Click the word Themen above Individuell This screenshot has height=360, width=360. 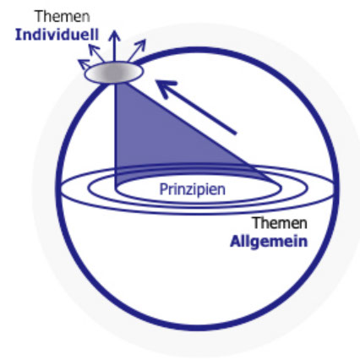(63, 16)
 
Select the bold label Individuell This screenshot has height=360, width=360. (57, 35)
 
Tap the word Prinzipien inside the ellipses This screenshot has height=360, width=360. (193, 189)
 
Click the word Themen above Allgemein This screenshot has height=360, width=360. (280, 223)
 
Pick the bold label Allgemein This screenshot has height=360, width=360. (269, 242)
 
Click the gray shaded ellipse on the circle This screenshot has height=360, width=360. (114, 73)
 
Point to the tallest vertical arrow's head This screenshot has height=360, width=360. (114, 35)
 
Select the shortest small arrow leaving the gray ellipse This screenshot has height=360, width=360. (84, 64)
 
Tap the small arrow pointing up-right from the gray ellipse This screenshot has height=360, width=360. (137, 50)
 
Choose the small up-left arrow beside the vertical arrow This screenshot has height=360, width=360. (96, 53)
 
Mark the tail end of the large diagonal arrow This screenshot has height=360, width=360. (236, 134)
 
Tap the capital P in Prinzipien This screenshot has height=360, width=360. (163, 189)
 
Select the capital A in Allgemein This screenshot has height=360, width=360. (236, 242)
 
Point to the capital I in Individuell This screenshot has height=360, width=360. (18, 35)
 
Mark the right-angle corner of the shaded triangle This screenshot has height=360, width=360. (116, 188)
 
